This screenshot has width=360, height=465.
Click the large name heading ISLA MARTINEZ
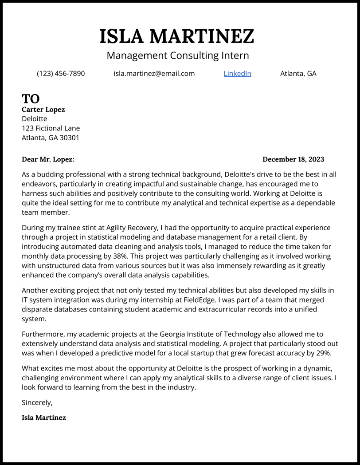point(176,36)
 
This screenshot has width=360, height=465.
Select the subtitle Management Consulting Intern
point(178,55)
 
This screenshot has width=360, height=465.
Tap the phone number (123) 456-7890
point(61,74)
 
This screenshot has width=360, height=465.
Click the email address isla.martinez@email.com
point(154,74)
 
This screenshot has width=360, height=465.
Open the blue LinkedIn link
point(237,74)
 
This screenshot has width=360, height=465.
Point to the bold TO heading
point(31,99)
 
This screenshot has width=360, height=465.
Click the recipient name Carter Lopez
point(43,110)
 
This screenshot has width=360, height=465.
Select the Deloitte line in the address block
point(34,119)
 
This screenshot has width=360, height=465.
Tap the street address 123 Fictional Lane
point(51,128)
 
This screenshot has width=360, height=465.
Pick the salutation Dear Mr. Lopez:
point(48,159)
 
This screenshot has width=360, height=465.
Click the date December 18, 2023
point(293,159)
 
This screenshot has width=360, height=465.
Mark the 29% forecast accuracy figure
point(324,353)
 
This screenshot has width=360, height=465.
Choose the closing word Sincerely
point(37,403)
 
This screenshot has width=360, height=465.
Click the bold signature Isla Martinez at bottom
point(43,418)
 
